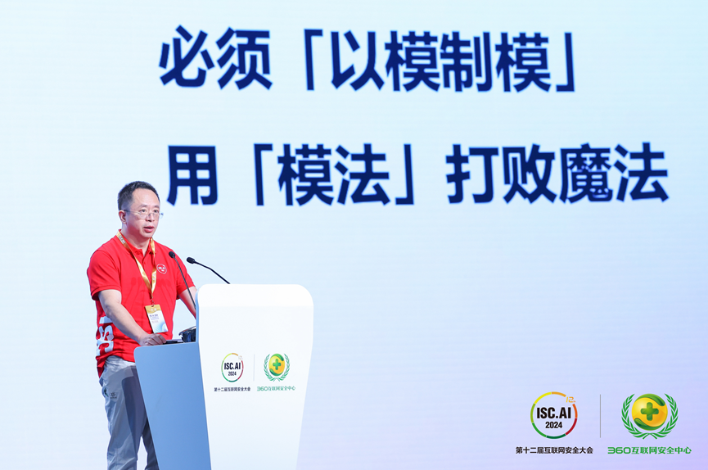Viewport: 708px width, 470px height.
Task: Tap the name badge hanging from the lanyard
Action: click(x=156, y=318)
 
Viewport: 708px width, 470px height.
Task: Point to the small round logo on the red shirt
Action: click(x=163, y=269)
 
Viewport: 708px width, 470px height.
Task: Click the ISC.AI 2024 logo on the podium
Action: click(x=232, y=367)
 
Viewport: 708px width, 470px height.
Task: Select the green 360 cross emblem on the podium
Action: click(x=277, y=366)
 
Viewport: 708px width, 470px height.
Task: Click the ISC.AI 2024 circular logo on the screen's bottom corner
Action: click(x=553, y=414)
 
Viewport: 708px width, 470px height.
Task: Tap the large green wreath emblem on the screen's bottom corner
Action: click(x=649, y=415)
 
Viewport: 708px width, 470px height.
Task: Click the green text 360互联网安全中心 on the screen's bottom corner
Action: click(x=649, y=450)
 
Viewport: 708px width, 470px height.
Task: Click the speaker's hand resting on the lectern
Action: click(x=156, y=337)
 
